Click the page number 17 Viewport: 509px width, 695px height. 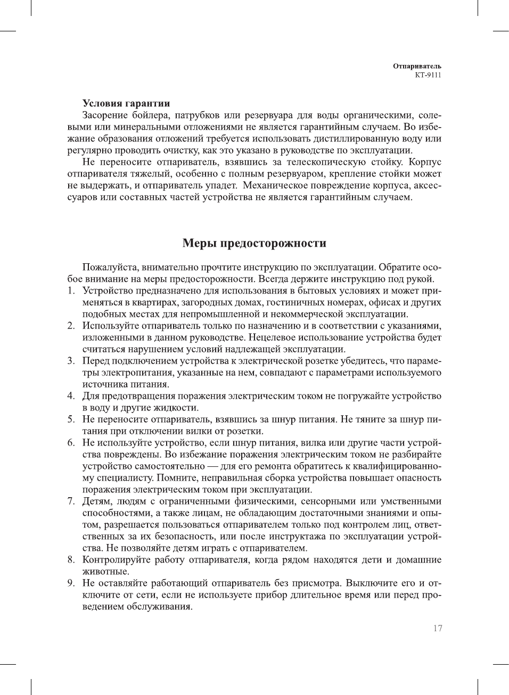(437, 628)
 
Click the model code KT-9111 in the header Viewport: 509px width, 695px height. (428, 75)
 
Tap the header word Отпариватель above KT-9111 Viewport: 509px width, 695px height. (417, 66)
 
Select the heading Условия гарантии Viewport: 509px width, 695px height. (126, 104)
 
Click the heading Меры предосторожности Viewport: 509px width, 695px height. (254, 243)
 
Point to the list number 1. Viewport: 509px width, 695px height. (70, 291)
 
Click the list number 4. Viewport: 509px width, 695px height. (70, 396)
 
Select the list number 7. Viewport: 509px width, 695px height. (70, 501)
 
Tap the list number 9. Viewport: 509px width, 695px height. (70, 583)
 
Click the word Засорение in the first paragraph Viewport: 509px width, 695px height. (105, 115)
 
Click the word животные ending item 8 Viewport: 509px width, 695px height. (106, 572)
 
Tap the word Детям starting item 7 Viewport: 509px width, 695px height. (96, 501)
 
